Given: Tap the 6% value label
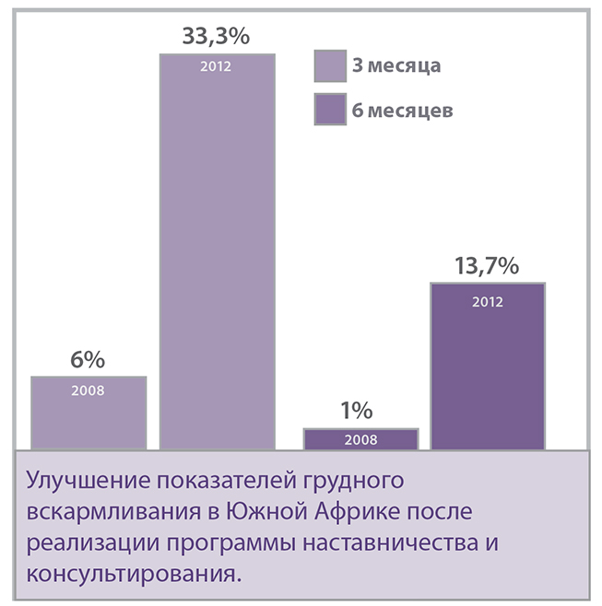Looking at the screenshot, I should (89, 360).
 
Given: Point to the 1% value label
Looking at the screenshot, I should (360, 411).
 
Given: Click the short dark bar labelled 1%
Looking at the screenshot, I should (360, 439).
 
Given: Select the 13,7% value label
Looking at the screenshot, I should (487, 266).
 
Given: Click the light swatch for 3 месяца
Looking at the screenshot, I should (329, 66).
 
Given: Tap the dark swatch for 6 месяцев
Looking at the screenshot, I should (329, 110).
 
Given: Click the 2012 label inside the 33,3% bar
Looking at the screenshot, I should (218, 67).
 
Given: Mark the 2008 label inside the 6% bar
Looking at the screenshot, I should (89, 390).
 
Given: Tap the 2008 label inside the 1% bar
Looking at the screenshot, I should (360, 440).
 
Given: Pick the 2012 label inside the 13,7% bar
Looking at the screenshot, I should (487, 301).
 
